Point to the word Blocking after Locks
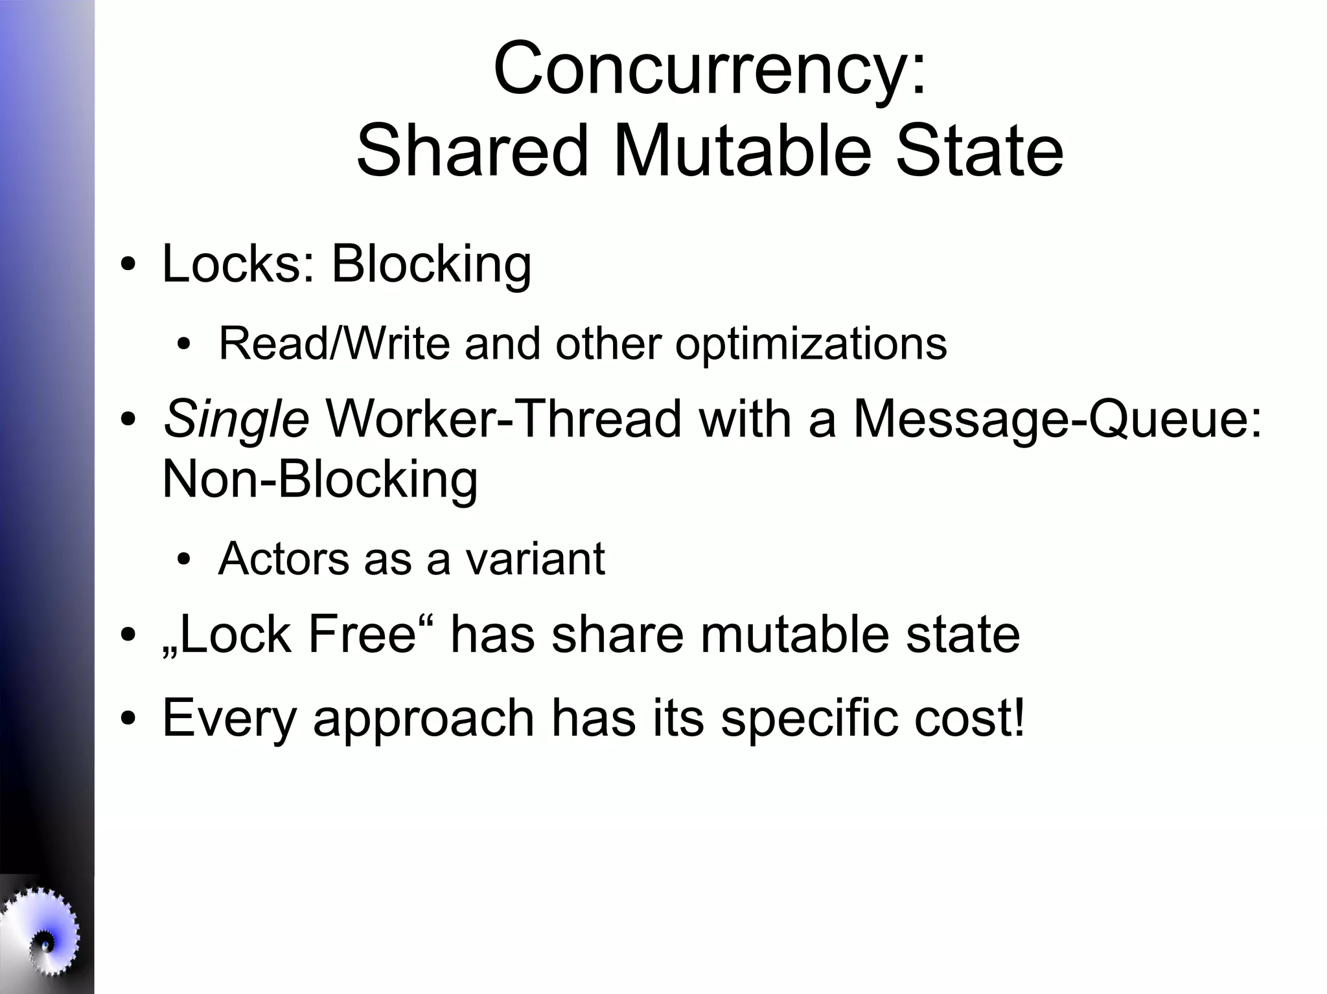pos(431,265)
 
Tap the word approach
pos(424,719)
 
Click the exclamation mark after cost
pos(1019,717)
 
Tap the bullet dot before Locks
pos(128,266)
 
